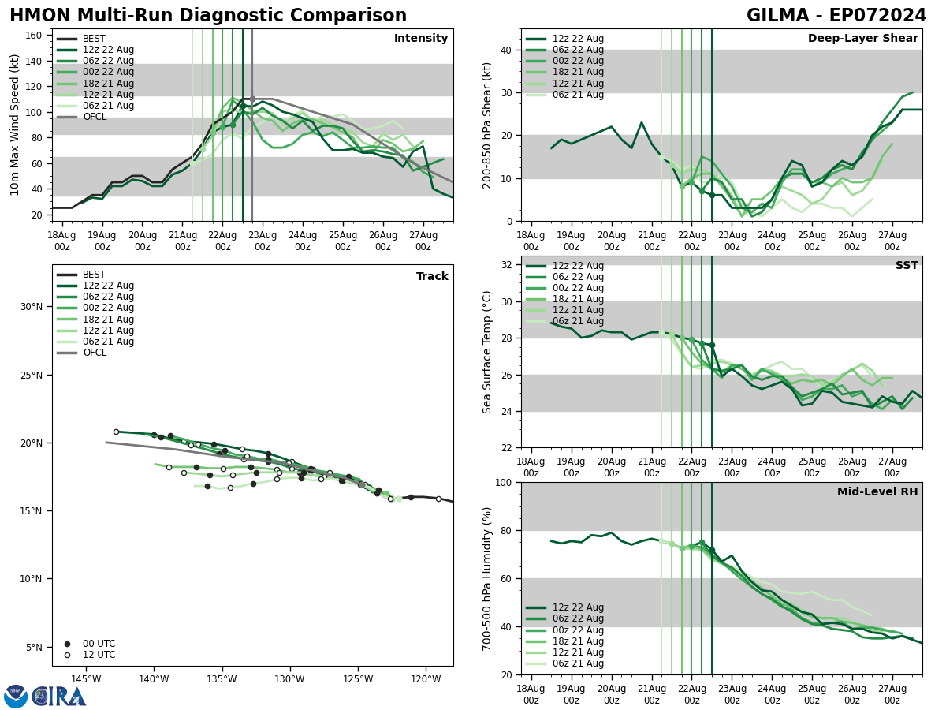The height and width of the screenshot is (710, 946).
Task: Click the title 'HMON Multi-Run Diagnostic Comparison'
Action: click(x=208, y=16)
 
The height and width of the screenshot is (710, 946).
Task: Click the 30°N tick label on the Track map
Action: click(x=31, y=307)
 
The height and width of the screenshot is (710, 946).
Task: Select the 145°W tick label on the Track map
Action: click(x=86, y=679)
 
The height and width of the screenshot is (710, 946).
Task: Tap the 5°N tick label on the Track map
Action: click(x=33, y=648)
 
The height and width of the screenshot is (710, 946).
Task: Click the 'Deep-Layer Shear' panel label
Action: click(x=862, y=39)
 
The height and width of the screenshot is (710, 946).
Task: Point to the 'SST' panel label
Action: click(x=907, y=266)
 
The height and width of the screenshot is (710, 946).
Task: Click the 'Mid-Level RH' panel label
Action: click(x=877, y=492)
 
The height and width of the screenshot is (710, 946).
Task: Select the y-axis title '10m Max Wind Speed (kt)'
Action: click(x=15, y=125)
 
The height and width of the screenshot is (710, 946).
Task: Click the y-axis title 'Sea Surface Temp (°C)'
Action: click(x=487, y=352)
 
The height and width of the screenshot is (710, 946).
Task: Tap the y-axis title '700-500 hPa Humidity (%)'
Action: click(x=487, y=578)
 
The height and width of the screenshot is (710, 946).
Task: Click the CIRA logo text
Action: click(x=58, y=697)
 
